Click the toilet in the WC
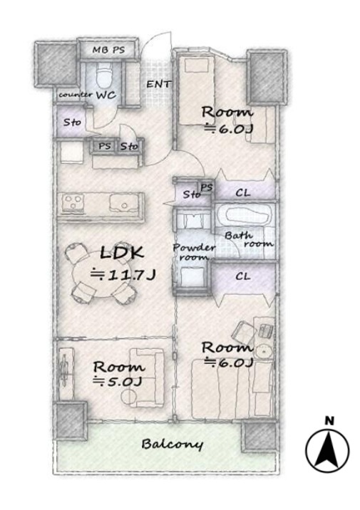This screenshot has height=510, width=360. click(x=104, y=74)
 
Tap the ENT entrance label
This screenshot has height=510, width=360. click(x=158, y=84)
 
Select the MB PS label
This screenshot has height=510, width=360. click(x=108, y=50)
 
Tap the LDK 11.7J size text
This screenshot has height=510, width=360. click(x=123, y=275)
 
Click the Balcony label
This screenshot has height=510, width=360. click(x=172, y=444)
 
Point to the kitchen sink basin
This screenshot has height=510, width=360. click(x=123, y=204)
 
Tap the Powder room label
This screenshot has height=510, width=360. click(x=193, y=252)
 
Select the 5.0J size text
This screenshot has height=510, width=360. click(x=118, y=380)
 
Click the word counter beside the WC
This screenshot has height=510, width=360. click(x=76, y=95)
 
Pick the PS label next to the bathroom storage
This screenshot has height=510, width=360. click(x=207, y=187)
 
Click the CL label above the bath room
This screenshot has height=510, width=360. click(x=243, y=192)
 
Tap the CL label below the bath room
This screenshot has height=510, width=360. click(x=243, y=276)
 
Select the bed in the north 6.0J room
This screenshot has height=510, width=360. click(x=195, y=90)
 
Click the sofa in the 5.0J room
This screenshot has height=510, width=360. click(x=143, y=378)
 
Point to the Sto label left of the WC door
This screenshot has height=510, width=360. click(x=72, y=123)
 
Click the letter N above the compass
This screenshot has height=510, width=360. click(x=329, y=421)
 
